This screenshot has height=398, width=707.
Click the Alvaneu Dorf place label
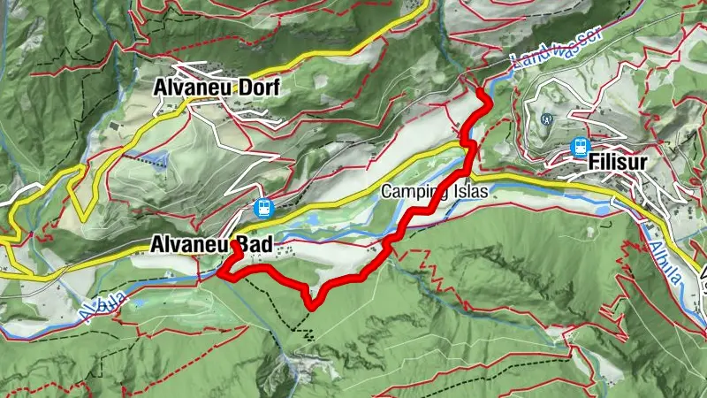pyautogui.click(x=216, y=88)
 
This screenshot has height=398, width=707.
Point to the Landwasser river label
pyautogui.click(x=556, y=47)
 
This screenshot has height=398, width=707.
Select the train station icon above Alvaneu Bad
pyautogui.click(x=262, y=209)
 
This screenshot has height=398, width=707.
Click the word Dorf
pyautogui.click(x=255, y=88)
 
